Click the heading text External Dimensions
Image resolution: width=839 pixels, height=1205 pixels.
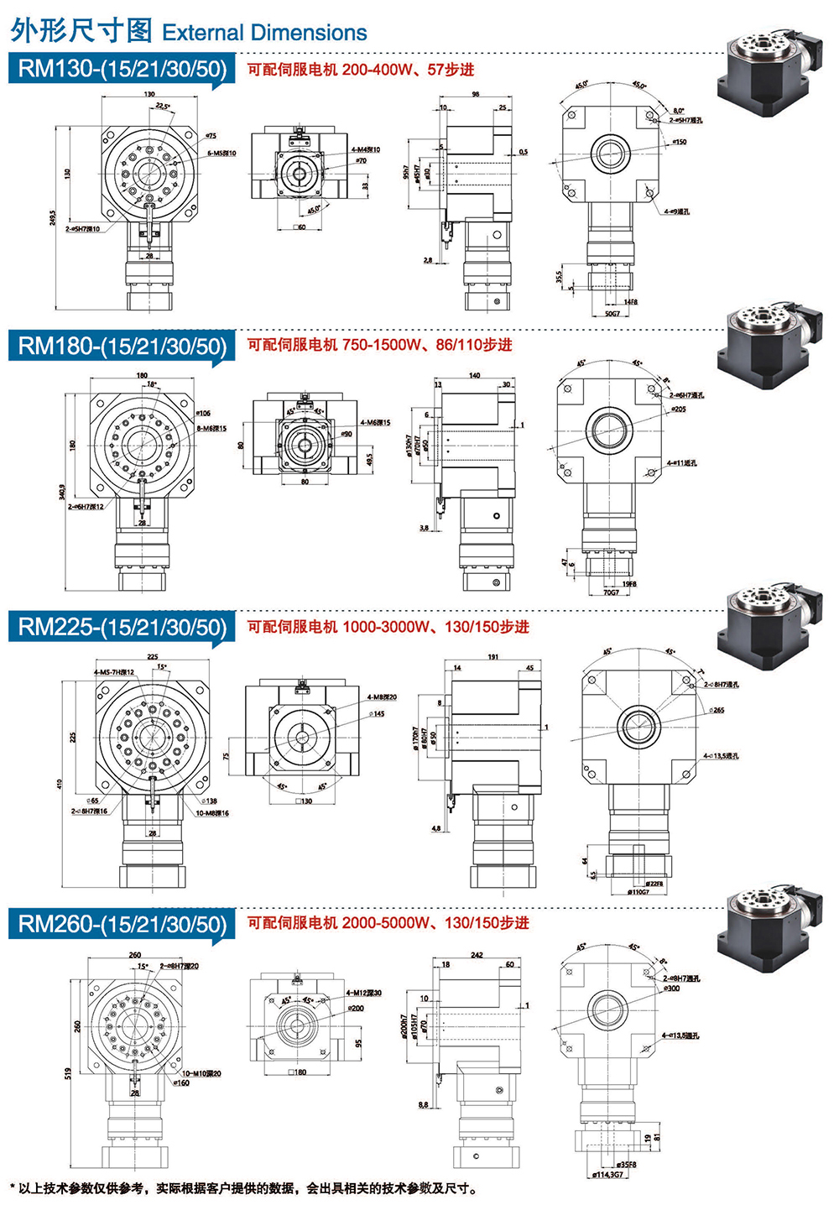point(264,33)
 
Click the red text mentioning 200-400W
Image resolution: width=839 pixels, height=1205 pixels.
point(361,70)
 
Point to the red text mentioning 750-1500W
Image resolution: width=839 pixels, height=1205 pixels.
point(379,345)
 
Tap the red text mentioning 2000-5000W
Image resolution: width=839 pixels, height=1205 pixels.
point(388,923)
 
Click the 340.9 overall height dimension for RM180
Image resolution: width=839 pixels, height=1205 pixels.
point(63,490)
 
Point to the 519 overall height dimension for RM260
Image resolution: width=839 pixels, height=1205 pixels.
point(68,1073)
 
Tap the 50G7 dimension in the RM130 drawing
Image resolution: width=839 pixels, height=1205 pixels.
point(612,314)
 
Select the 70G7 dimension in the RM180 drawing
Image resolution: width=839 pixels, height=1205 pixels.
point(611,592)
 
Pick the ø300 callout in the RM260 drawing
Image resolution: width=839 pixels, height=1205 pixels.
point(671,989)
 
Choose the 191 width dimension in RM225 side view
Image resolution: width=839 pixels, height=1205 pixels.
point(493,657)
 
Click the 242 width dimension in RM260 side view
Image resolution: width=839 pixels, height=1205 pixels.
point(477,955)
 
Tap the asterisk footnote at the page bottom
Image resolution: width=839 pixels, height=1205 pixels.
point(243,1188)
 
